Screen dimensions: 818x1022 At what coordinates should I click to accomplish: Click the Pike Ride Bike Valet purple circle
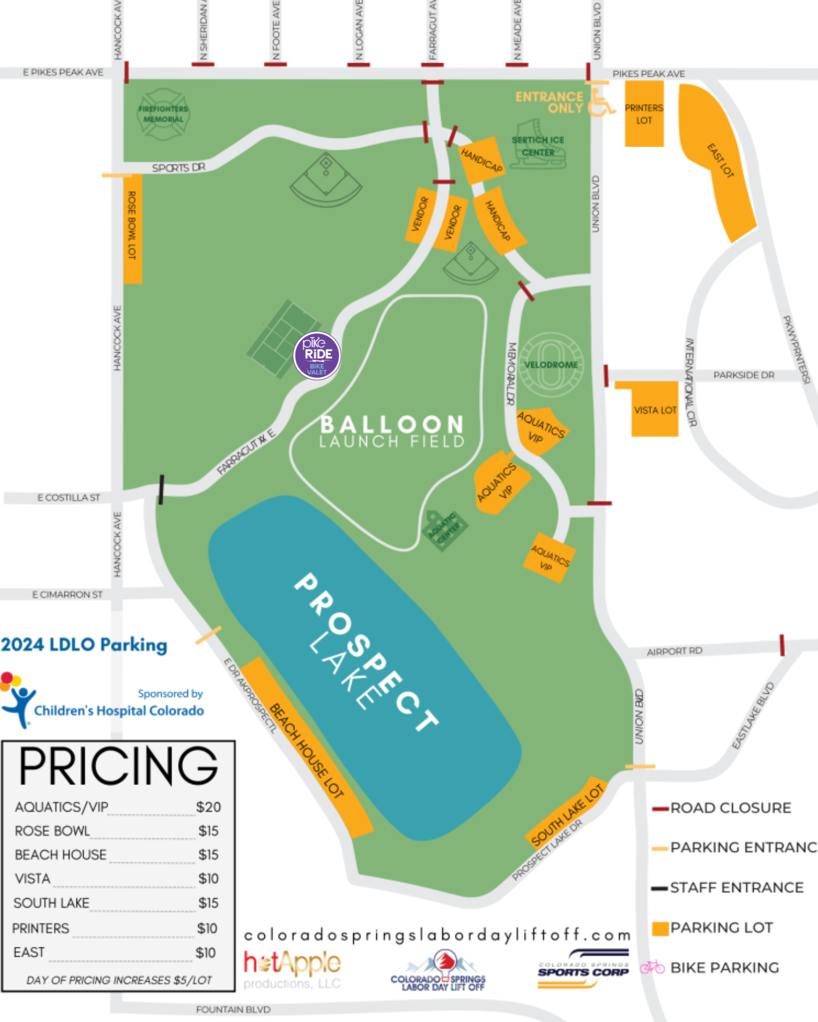click(x=317, y=356)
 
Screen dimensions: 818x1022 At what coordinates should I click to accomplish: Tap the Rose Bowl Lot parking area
click(x=132, y=228)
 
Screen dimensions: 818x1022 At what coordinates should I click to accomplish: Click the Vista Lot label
click(x=655, y=410)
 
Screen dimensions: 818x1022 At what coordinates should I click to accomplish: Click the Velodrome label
click(x=551, y=365)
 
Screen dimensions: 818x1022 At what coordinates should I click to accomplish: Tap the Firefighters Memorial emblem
click(x=163, y=114)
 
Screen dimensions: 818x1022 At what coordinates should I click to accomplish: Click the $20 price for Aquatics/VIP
click(x=209, y=807)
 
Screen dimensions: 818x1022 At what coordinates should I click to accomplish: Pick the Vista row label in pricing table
click(x=33, y=879)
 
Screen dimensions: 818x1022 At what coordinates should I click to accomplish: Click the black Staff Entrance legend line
click(x=660, y=888)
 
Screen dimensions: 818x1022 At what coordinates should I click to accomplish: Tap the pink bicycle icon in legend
click(x=652, y=967)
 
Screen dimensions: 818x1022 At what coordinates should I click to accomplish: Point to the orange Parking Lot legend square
click(x=661, y=928)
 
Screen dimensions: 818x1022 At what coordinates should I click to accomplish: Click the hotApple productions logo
click(x=292, y=969)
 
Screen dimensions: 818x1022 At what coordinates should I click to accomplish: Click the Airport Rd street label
click(x=674, y=652)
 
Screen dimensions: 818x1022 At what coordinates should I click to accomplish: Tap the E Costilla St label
click(x=69, y=498)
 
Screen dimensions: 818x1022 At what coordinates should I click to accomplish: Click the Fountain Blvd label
click(x=233, y=1010)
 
